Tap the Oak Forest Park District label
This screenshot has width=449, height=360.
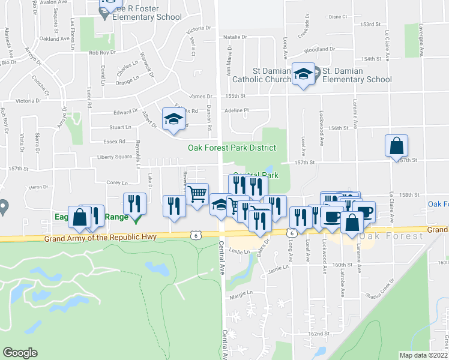point(232,148)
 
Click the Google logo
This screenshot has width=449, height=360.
point(20,353)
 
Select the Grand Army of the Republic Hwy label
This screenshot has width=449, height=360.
point(100,238)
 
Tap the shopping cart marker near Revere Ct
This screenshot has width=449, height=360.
point(197,194)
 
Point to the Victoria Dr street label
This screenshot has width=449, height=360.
point(199,29)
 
